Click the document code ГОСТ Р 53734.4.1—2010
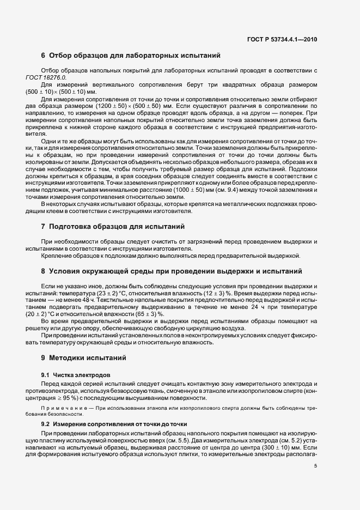point(282,39)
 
